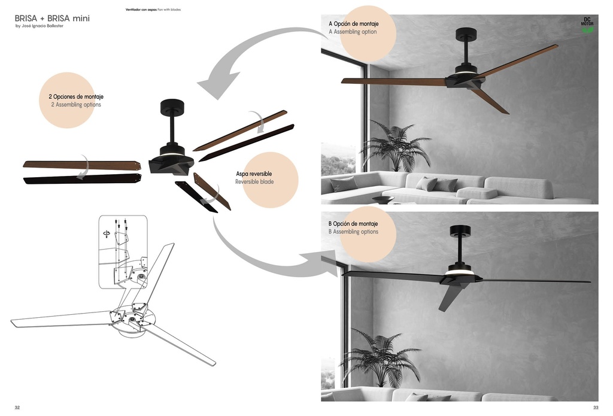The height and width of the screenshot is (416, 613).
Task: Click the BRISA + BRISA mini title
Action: [52, 18]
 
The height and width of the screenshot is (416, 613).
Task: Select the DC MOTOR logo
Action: [587, 25]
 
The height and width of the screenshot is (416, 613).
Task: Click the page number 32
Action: [17, 408]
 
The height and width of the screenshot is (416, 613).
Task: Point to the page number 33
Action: [596, 408]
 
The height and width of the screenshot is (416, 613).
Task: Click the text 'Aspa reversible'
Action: [254, 174]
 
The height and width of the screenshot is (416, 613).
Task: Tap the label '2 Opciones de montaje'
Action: [76, 96]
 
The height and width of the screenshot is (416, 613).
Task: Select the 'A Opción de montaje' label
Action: [353, 24]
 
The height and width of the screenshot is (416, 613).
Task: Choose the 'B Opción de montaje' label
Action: [353, 224]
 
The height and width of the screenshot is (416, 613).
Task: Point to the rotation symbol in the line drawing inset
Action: [107, 233]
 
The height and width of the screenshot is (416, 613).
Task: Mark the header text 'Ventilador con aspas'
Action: [141, 10]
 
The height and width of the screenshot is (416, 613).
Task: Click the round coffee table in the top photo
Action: [383, 199]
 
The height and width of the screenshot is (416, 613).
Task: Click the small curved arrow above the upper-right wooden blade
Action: [258, 119]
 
